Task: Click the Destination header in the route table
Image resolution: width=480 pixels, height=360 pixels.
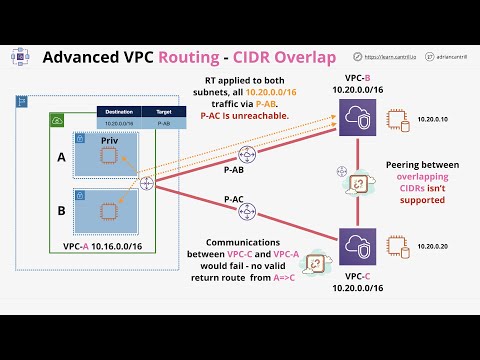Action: point(119,111)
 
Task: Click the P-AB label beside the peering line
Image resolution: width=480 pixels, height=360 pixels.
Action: point(234,171)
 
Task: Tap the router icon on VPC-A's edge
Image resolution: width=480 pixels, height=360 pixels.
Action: point(148,183)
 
